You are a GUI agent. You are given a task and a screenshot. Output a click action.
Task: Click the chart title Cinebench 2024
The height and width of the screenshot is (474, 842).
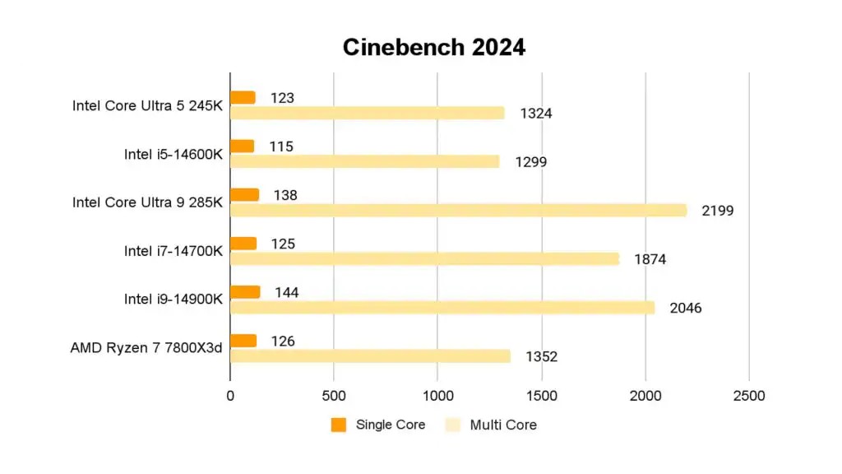433,48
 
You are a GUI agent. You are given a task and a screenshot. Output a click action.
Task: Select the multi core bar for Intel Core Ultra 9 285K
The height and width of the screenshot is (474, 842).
458,210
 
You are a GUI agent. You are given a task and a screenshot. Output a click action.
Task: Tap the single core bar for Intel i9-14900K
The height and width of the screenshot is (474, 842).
245,292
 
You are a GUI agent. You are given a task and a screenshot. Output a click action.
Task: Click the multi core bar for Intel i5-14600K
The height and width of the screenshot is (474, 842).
364,161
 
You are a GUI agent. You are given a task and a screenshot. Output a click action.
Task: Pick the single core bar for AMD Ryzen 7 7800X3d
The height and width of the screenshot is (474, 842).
243,341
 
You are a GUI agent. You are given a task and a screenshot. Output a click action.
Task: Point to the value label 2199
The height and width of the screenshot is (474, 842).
717,211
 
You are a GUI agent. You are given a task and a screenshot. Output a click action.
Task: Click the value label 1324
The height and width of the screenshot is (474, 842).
536,114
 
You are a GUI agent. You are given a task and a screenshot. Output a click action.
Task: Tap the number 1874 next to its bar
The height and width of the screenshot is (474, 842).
650,259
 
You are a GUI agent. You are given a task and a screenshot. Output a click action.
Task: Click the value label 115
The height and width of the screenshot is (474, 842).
281,146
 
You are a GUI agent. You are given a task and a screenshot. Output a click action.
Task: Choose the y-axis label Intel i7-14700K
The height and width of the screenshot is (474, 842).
173,251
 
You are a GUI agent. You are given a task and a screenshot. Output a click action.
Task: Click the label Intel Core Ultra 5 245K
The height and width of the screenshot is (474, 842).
147,105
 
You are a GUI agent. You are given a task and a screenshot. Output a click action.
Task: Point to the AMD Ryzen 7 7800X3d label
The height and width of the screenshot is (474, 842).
146,348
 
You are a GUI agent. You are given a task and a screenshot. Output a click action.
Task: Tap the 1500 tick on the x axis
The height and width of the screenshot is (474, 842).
541,396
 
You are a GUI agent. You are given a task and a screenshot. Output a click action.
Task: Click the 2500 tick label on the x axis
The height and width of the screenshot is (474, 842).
748,396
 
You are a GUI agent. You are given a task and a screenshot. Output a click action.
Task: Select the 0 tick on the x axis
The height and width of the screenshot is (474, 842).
230,396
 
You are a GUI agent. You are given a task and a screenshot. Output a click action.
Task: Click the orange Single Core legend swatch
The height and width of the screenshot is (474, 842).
339,425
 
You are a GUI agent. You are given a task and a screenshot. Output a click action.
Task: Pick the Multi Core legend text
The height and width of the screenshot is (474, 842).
503,425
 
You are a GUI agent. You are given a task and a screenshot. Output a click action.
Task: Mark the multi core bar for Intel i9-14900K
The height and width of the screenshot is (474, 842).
442,307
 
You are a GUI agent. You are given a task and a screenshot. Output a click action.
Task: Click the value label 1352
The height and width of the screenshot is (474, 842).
541,356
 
